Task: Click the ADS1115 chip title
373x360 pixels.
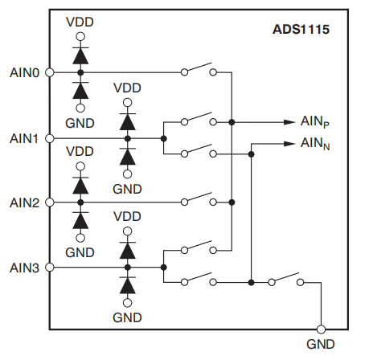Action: click(x=301, y=29)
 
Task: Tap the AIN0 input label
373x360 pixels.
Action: click(x=24, y=73)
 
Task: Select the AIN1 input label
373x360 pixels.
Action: click(x=24, y=139)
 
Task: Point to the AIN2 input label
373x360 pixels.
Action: click(x=24, y=202)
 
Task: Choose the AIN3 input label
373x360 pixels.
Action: click(x=24, y=268)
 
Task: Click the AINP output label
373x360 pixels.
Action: click(x=315, y=122)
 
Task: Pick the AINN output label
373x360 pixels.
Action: click(x=315, y=144)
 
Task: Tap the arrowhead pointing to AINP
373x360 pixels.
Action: click(x=289, y=122)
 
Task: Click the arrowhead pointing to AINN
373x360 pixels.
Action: click(x=289, y=144)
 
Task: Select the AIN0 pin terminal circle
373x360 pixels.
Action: click(x=50, y=72)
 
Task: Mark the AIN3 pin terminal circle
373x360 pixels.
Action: click(x=50, y=268)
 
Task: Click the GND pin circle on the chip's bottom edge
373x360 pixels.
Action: click(x=321, y=329)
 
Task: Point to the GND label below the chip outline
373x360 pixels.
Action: click(x=321, y=345)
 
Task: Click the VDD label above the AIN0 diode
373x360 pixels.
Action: click(x=80, y=22)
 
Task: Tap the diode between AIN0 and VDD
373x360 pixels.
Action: click(x=80, y=55)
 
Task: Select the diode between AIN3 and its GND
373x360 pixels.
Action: click(x=128, y=285)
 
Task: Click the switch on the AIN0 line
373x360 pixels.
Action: click(x=199, y=69)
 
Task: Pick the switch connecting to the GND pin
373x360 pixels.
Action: click(x=286, y=279)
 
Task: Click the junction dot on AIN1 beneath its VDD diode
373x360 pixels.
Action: click(x=128, y=138)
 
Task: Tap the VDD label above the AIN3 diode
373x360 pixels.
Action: click(x=127, y=217)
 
